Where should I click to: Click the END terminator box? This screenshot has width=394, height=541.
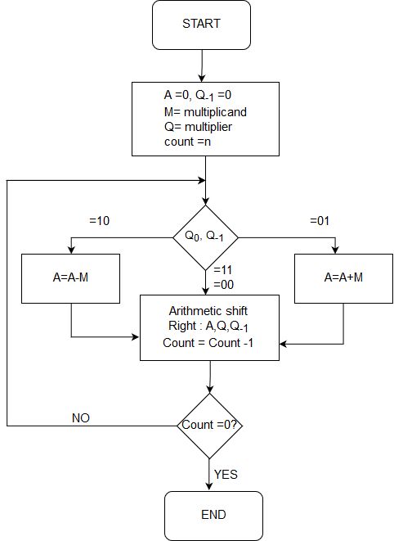(213, 515)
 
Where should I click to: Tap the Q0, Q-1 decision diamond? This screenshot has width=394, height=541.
(205, 237)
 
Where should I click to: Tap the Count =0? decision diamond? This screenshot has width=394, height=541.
(212, 426)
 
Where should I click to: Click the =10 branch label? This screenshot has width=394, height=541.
(99, 220)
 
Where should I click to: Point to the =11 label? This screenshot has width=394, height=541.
(223, 269)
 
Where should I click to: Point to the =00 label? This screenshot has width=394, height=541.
(223, 283)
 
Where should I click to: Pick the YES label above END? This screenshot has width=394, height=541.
(226, 473)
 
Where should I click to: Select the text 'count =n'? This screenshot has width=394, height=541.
(187, 141)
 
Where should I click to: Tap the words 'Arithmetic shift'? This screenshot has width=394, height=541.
(208, 312)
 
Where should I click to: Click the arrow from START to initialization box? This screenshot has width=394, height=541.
(201, 65)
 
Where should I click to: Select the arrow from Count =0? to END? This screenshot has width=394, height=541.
(212, 474)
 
